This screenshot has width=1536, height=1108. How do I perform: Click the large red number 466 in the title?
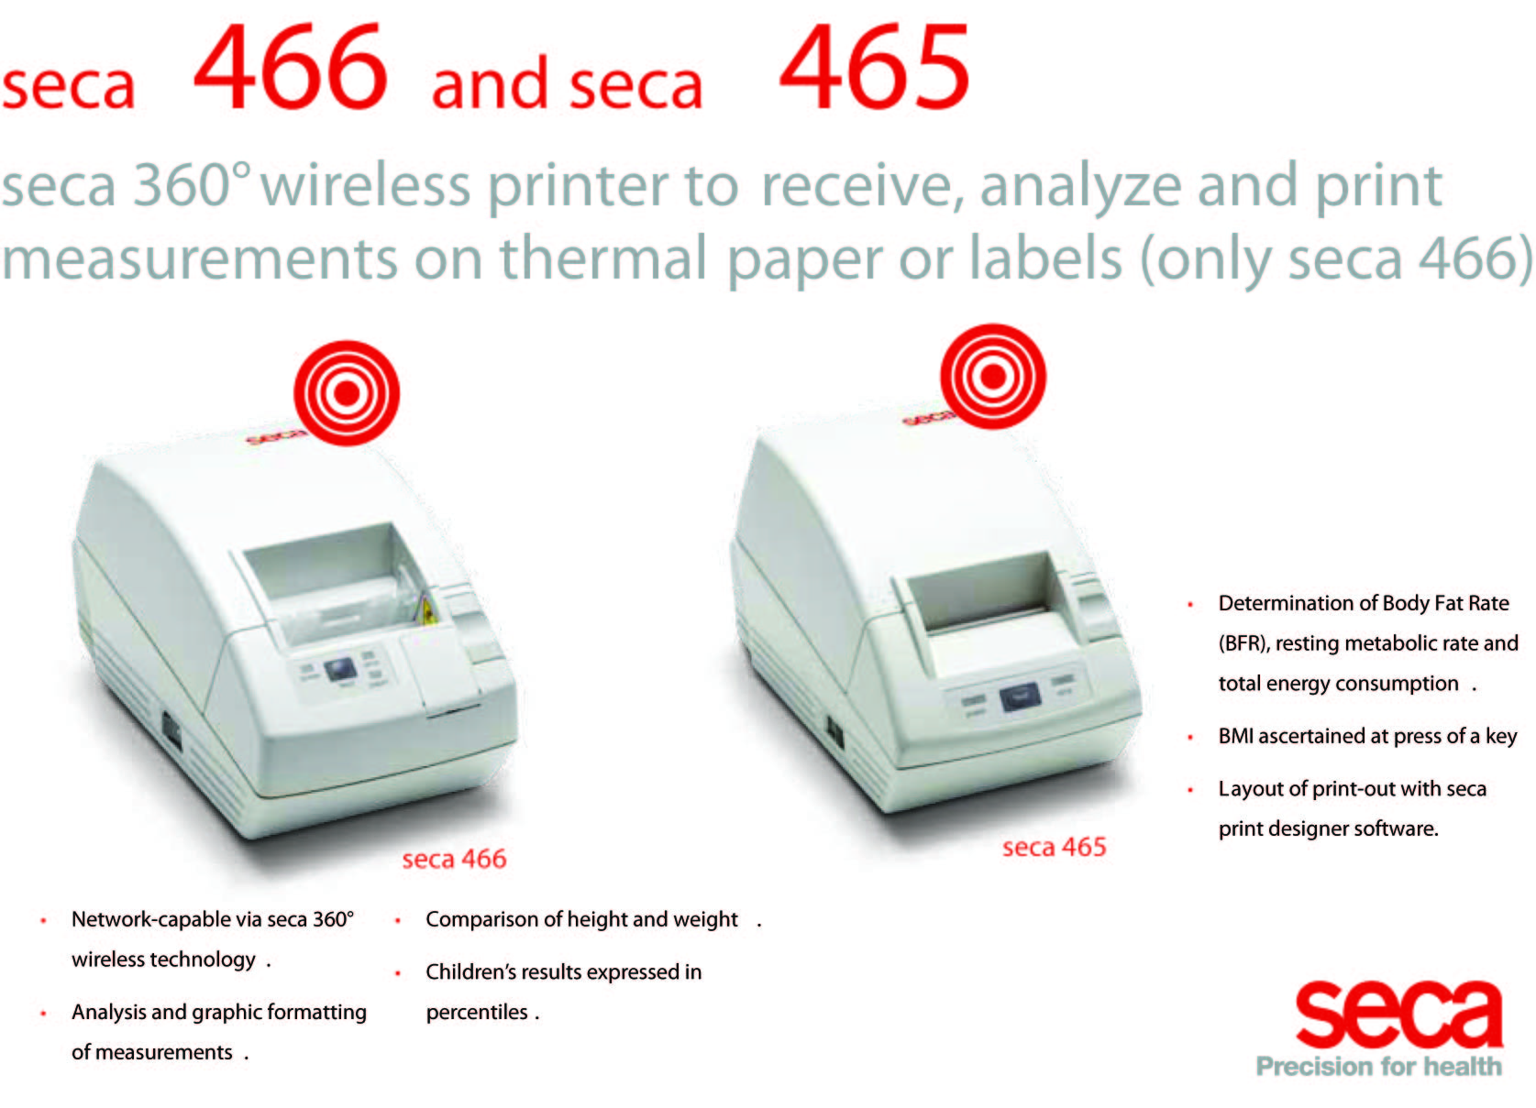[292, 66]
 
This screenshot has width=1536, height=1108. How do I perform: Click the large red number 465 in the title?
[874, 66]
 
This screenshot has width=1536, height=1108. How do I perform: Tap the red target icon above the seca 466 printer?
[347, 393]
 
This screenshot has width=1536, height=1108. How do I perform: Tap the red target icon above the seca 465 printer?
[993, 376]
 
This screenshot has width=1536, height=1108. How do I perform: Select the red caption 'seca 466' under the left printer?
[454, 859]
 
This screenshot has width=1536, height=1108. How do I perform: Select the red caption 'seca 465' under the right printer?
[1054, 847]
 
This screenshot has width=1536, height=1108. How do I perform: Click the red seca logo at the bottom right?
[1398, 1015]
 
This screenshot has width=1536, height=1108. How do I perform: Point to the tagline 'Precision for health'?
[1379, 1067]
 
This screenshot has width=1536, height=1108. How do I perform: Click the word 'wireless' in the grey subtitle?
[365, 185]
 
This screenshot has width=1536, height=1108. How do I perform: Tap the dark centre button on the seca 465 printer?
[1021, 698]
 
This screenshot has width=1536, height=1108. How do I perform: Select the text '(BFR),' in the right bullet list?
[1243, 643]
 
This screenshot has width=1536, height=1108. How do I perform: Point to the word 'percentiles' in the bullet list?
[477, 1013]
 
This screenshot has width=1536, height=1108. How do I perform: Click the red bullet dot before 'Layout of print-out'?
[1190, 790]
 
